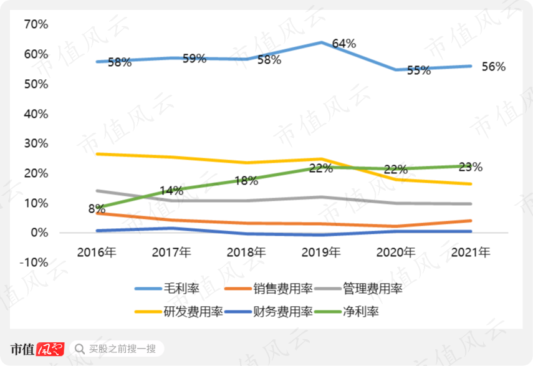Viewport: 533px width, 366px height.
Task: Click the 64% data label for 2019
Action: click(x=343, y=44)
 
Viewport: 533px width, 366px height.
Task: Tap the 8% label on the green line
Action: click(x=96, y=209)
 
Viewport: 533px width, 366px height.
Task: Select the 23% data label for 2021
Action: click(x=470, y=167)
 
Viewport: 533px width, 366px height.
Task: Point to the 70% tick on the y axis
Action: click(x=36, y=24)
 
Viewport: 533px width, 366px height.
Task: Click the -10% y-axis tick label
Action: click(x=34, y=262)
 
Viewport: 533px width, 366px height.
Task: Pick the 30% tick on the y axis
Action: click(x=36, y=143)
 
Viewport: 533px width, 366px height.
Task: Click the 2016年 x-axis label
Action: click(x=97, y=252)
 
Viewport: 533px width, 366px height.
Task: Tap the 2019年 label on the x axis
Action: click(x=321, y=252)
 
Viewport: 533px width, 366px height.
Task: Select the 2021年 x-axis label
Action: click(x=471, y=252)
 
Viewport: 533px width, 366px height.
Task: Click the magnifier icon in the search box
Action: click(x=79, y=348)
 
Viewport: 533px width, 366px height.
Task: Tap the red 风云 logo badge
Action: click(x=50, y=348)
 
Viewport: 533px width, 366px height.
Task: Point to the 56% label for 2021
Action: click(x=493, y=67)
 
